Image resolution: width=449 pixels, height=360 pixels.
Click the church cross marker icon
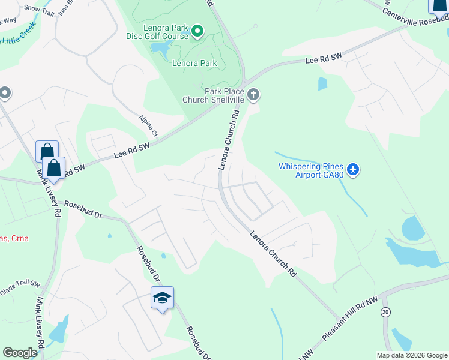coord(254,94)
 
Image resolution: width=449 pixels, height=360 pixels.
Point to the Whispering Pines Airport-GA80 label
coord(310,170)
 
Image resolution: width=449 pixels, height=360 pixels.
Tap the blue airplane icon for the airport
coord(353,170)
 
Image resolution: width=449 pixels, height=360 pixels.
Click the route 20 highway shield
coord(385,311)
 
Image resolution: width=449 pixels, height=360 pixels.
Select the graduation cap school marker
coord(162,298)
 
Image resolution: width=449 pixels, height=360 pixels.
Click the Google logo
coord(19,353)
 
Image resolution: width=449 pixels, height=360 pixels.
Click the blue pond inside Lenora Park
coord(160,47)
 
